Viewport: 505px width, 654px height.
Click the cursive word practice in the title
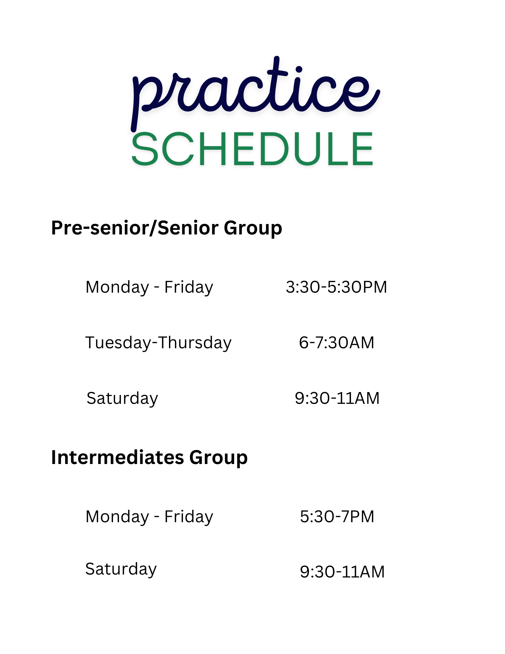(x=255, y=93)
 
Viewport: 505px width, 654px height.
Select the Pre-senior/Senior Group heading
(x=167, y=228)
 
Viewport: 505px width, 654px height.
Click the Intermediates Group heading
(x=149, y=458)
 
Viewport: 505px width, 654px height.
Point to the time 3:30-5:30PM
(x=336, y=287)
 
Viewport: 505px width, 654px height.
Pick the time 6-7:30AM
(x=336, y=343)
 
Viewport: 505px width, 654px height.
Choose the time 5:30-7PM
(x=337, y=517)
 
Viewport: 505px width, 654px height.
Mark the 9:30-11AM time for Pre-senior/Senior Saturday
(x=337, y=398)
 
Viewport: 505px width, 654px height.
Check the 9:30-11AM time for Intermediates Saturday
(x=342, y=572)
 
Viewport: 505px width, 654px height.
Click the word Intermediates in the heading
(x=117, y=457)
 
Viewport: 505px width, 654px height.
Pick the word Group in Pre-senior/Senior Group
(x=253, y=228)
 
